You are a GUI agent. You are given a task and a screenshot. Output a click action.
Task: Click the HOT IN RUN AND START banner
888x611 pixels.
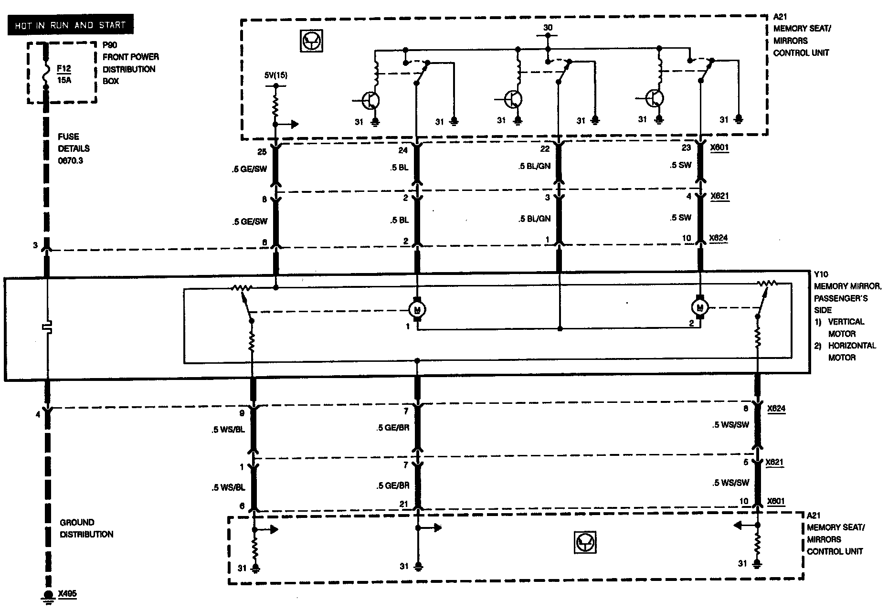click(70, 25)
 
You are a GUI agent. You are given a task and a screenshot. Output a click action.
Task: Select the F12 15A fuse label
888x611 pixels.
click(63, 74)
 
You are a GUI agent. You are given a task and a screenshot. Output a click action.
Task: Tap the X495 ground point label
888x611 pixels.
click(67, 594)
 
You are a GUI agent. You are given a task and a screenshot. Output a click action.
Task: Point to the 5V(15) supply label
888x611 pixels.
click(276, 75)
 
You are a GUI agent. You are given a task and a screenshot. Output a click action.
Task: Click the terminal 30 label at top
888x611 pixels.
click(548, 28)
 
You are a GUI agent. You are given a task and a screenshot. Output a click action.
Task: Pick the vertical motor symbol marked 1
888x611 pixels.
click(418, 309)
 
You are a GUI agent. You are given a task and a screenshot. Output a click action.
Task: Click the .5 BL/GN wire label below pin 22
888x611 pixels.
click(534, 167)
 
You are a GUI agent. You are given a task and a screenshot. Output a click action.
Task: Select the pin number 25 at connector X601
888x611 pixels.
click(262, 152)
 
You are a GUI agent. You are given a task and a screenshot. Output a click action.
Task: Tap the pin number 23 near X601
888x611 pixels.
click(686, 147)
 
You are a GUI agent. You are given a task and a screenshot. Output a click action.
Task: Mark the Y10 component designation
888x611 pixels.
click(822, 274)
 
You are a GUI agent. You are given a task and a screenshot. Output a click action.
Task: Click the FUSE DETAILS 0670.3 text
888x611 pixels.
click(74, 148)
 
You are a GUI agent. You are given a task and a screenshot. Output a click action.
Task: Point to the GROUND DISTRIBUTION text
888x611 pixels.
click(86, 528)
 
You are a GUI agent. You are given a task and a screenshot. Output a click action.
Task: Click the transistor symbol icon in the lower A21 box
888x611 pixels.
click(585, 542)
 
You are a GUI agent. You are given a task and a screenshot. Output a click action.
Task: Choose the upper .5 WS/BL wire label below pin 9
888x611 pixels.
click(228, 430)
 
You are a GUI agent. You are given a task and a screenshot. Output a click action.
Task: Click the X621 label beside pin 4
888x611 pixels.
click(719, 196)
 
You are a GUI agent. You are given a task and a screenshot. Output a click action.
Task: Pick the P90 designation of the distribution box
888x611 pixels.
click(110, 45)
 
